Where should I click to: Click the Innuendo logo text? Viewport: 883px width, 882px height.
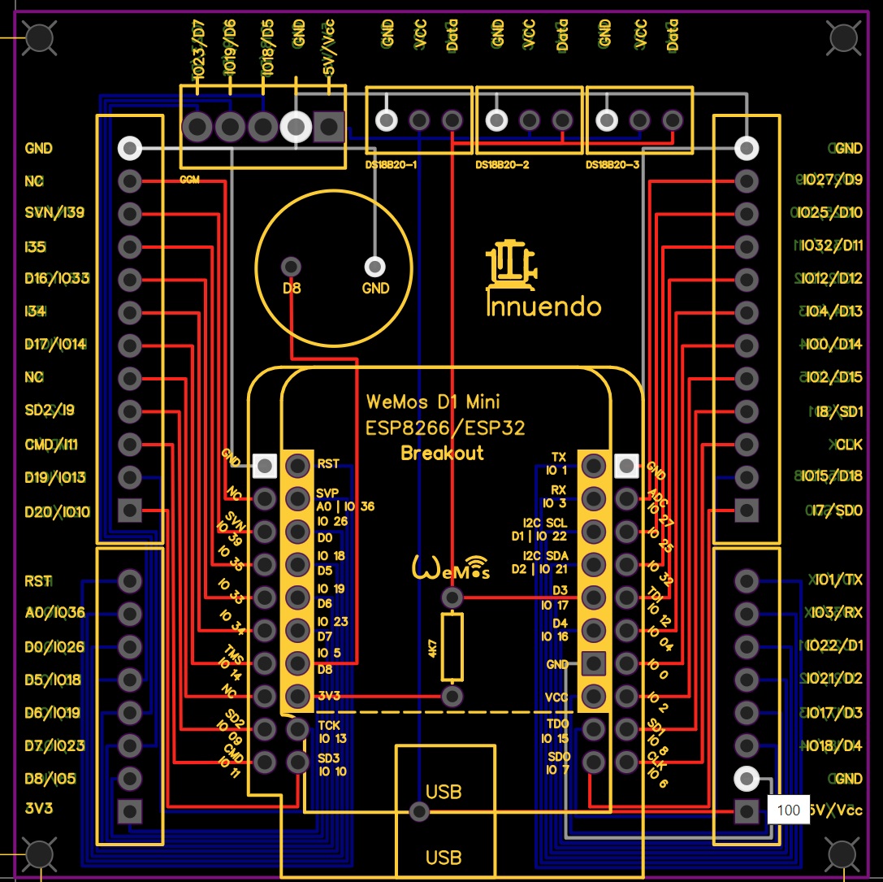click(x=543, y=306)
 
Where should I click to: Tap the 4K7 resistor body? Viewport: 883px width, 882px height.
click(x=452, y=647)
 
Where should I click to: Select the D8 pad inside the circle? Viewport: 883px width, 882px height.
click(x=291, y=267)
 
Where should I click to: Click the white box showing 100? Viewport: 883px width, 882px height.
click(x=788, y=810)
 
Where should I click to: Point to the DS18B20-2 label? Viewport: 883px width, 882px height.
click(x=502, y=165)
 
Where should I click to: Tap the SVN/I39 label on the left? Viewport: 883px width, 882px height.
click(x=54, y=213)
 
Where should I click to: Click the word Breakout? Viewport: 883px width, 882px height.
click(x=442, y=454)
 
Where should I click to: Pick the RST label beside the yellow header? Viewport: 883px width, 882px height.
click(x=328, y=465)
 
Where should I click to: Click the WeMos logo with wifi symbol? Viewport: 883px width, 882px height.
click(x=452, y=567)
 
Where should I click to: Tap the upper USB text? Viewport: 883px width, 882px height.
click(x=444, y=790)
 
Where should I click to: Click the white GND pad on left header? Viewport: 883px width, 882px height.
click(x=129, y=148)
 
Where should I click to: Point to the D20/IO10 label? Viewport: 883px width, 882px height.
click(x=57, y=512)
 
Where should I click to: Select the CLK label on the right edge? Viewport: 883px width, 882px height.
click(x=849, y=445)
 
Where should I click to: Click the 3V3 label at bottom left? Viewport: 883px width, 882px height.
click(x=40, y=810)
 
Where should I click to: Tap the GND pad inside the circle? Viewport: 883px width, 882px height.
click(x=374, y=267)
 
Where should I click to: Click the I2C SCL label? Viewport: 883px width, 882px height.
click(x=545, y=523)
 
